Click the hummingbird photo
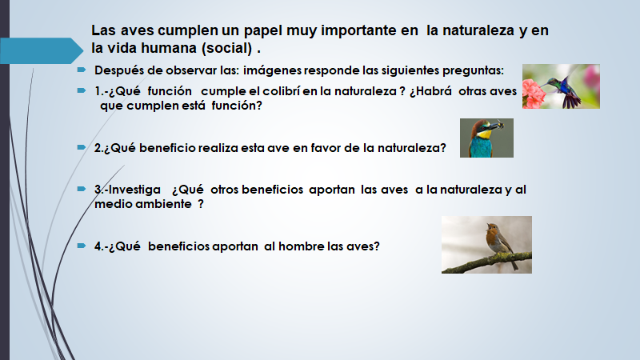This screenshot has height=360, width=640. point(561,86)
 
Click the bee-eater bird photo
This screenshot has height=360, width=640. point(486,138)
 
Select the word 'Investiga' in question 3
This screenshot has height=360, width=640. point(134,190)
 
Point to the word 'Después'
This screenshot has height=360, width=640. point(118,70)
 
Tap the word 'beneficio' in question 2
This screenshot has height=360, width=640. point(167,148)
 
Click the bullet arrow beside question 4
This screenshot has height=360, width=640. point(82,246)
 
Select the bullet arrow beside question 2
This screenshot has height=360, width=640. point(82,147)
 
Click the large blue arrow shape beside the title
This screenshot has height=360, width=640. point(41,50)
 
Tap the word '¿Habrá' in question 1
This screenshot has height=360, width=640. point(430,91)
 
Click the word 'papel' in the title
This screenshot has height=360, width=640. point(263,31)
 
